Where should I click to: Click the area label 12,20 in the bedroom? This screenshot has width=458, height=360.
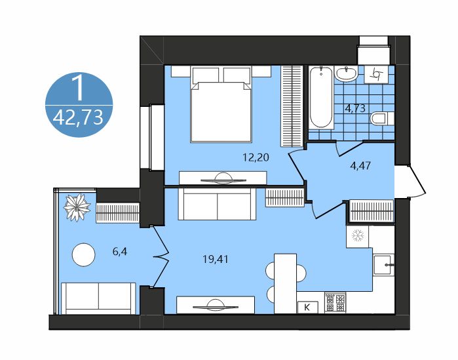coord(256,158)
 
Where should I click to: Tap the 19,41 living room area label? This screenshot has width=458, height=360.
coord(216,259)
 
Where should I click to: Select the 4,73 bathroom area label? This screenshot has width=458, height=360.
coord(355,108)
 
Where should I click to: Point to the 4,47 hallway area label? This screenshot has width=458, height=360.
coord(360,166)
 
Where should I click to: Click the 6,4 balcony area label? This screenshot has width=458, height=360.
coord(120,251)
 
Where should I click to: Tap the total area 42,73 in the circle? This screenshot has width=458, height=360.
coord(79,118)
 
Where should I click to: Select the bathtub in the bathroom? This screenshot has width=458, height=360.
coord(321,97)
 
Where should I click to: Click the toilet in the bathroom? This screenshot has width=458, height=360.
coord(382,119)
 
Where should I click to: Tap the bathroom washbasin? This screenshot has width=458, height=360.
coord(346,73)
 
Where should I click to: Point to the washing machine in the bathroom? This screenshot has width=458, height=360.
coord(376,74)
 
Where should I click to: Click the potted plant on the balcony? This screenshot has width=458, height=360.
coord(77,207)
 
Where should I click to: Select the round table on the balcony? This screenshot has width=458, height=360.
coord(83,254)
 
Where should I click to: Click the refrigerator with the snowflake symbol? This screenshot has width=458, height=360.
coord(358,236)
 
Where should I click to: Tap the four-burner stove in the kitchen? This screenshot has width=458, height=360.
coord(335,303)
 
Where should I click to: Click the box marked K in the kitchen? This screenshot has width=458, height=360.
coord(307,307)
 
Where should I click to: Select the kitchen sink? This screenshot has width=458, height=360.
coord(383,264)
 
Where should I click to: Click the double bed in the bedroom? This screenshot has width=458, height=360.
coord(221,104)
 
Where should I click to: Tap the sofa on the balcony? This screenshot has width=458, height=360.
coord(98,298)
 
